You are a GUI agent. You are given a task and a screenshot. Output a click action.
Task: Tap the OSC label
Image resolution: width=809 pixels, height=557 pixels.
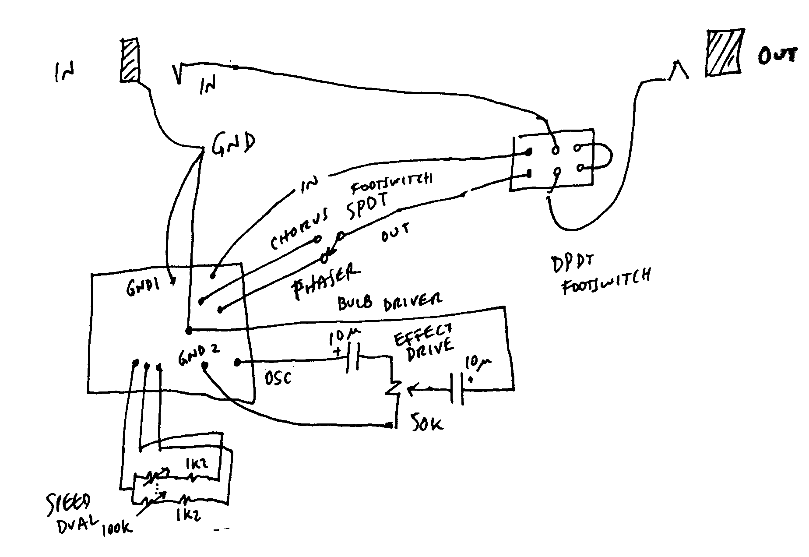[278, 377]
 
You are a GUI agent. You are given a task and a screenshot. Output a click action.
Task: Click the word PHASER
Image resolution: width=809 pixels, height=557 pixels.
[325, 282]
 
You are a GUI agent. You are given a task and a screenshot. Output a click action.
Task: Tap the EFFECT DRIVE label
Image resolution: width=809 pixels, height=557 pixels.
[423, 345]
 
